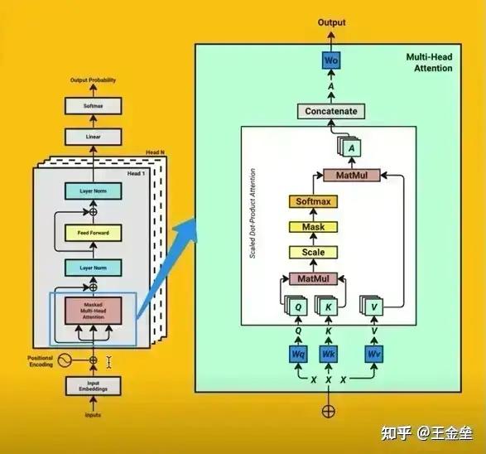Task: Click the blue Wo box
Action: [x=331, y=60]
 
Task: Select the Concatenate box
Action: [x=331, y=112]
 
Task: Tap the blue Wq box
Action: [x=299, y=355]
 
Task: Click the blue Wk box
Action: [x=328, y=355]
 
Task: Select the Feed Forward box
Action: [x=93, y=234]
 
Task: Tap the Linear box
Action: [x=93, y=137]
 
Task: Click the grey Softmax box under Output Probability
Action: [x=93, y=105]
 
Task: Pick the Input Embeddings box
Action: [x=93, y=386]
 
